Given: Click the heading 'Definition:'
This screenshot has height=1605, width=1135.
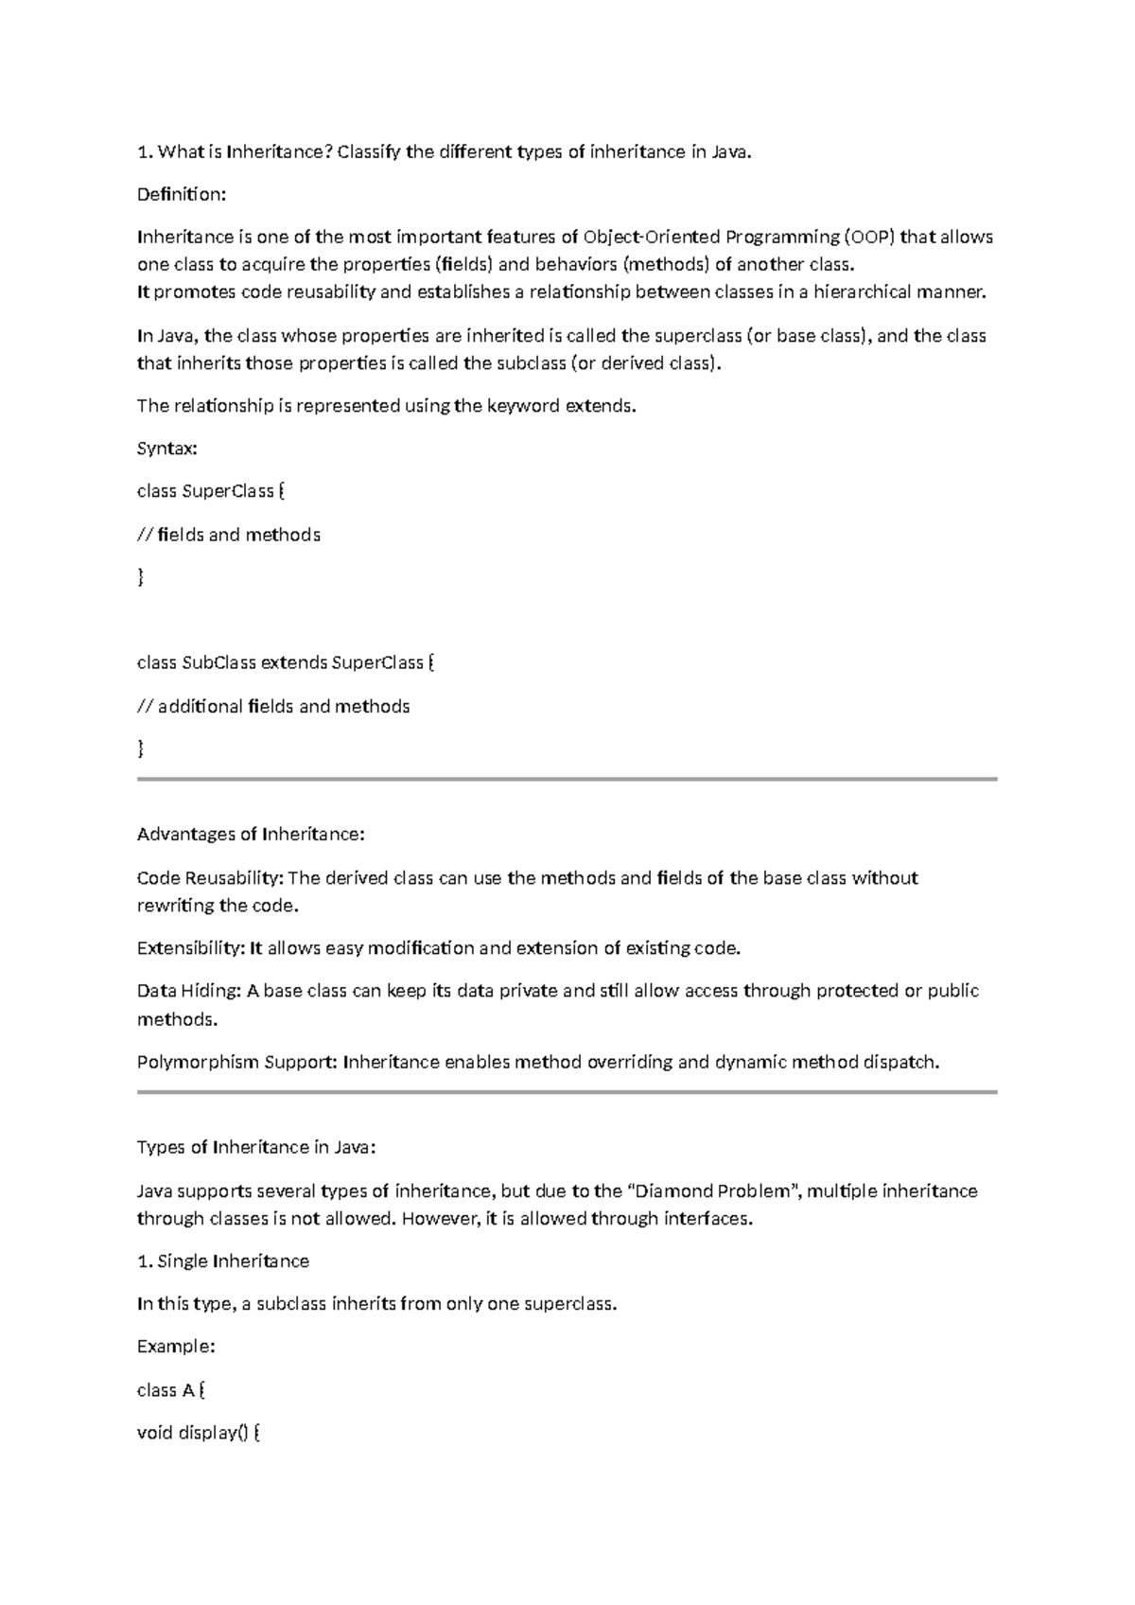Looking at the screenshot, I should click(182, 194).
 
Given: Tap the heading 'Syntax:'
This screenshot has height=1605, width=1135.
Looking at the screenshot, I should click(167, 448).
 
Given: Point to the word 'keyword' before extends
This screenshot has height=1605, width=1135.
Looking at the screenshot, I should click(523, 406).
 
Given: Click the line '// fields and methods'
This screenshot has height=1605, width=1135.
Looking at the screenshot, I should click(229, 535).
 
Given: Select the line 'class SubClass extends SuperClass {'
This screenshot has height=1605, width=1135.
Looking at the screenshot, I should click(286, 662).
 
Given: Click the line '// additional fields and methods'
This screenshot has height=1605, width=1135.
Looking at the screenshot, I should click(273, 706).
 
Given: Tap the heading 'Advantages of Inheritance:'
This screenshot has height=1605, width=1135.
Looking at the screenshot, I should click(251, 834).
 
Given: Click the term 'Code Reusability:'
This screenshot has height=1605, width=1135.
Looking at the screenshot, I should click(210, 877).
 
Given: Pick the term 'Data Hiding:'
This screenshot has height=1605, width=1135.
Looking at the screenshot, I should click(189, 991).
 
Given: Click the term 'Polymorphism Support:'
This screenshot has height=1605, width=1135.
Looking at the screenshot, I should click(236, 1062).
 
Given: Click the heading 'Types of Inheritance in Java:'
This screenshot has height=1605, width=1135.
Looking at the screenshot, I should click(256, 1147).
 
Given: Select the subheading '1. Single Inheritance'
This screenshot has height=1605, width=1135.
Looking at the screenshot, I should click(223, 1261).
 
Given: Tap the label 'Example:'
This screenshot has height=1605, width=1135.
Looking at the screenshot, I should click(176, 1346).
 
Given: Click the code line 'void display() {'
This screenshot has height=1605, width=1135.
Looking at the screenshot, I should click(199, 1433).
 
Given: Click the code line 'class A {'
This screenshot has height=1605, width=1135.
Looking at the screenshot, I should click(171, 1389).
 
